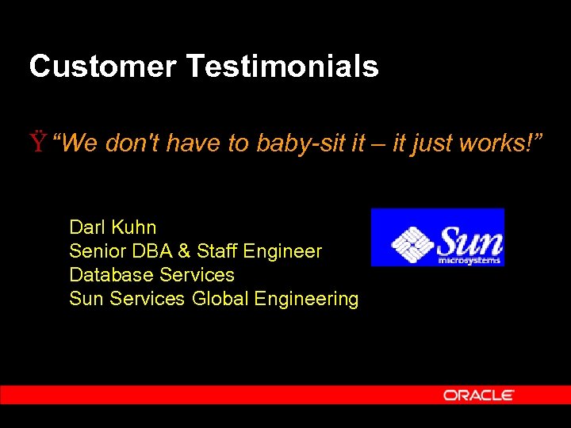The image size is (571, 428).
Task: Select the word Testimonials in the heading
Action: (283, 67)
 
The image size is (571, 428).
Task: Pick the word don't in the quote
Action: (134, 143)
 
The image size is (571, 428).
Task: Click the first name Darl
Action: (87, 227)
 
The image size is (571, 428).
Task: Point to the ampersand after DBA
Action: (184, 251)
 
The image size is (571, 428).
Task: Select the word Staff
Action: (217, 251)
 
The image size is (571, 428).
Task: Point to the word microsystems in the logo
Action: (469, 259)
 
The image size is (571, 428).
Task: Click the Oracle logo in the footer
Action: (479, 395)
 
